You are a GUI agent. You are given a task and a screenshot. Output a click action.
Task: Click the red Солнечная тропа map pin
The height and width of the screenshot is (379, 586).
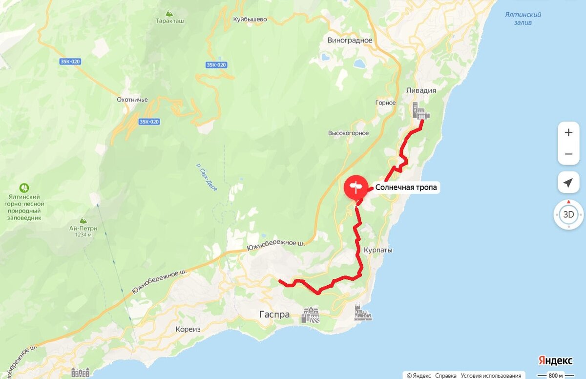pos(356,187)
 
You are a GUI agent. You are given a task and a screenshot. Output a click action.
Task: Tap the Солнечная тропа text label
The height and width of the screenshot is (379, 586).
pos(407,187)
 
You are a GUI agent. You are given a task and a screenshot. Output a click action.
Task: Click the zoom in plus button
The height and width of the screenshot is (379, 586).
pos(568,132)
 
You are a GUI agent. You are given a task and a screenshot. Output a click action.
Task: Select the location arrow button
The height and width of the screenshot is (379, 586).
pos(568,183)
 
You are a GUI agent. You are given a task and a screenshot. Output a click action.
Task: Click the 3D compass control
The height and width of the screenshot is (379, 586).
pos(568,214)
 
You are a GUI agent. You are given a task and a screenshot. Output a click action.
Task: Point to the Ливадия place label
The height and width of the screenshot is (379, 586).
pos(421,90)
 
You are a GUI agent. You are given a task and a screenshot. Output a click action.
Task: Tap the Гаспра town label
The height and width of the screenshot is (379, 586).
pos(274,315)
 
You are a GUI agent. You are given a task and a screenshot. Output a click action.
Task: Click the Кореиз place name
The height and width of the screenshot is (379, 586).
pos(188,329)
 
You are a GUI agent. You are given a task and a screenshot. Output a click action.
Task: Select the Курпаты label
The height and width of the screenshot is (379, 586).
pos(378,250)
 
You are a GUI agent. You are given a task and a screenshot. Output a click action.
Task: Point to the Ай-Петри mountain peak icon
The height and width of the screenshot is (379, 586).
pos(83,220)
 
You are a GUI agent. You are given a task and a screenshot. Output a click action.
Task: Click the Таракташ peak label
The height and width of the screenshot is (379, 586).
pos(169,21)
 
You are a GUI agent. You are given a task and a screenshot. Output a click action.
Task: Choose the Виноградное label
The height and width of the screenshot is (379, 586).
pos(350,40)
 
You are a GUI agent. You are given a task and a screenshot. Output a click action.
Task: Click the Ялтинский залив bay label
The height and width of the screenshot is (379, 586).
pos(523,19)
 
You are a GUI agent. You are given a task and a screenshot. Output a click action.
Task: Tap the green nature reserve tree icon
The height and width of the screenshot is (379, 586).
pos(23,188)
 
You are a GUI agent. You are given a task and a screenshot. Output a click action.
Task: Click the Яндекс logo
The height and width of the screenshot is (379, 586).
pos(556,360)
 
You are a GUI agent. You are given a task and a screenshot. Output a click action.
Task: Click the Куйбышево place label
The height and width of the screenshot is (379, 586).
pos(250,20)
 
